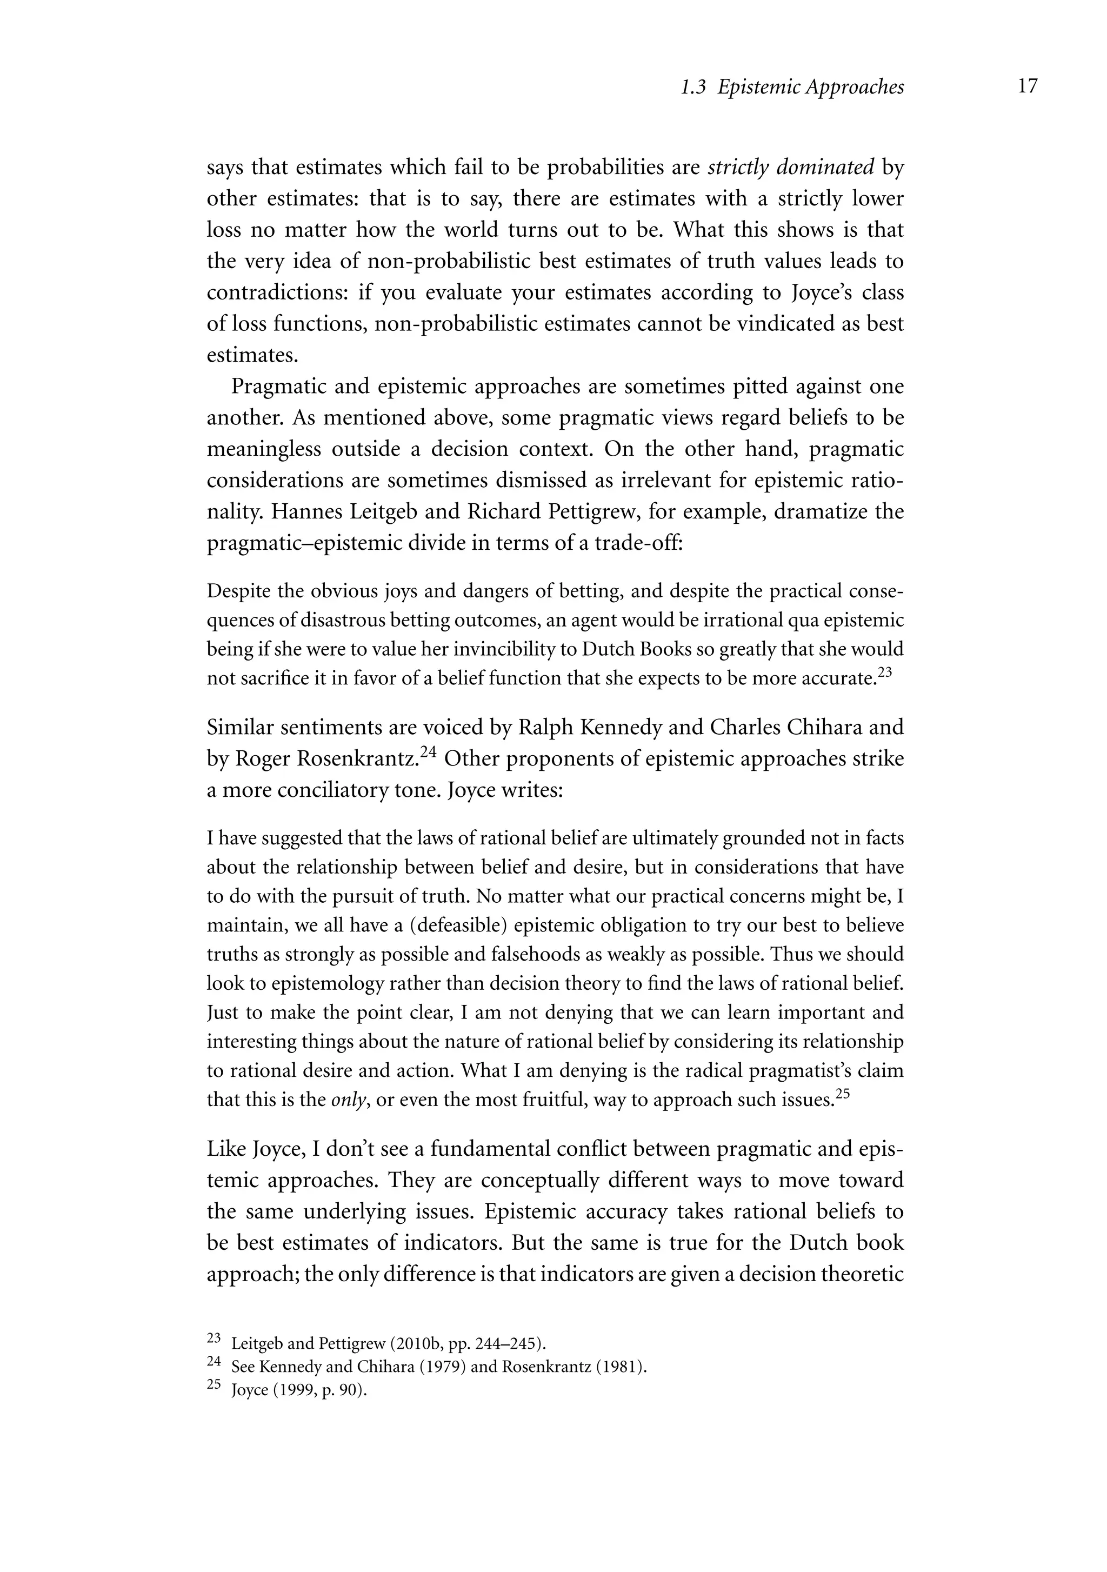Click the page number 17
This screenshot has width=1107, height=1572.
[1027, 87]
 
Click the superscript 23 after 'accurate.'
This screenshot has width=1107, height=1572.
[884, 672]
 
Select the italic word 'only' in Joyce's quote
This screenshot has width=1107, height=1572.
[347, 1100]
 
